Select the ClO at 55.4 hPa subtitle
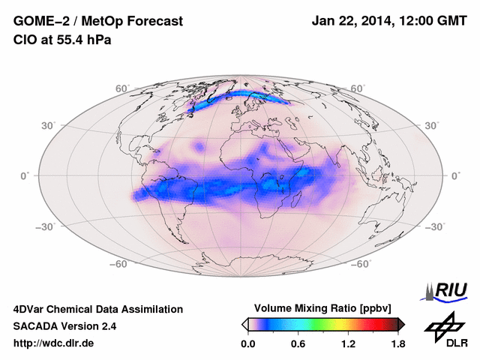pyautogui.click(x=62, y=40)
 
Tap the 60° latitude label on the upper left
pyautogui.click(x=121, y=89)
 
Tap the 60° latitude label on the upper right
pyautogui.click(x=358, y=89)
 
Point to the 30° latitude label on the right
pyautogui.click(x=432, y=126)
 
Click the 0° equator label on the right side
pyautogui.click(x=454, y=175)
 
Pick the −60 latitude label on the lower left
pyautogui.click(x=118, y=264)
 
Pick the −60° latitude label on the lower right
pyautogui.click(x=361, y=264)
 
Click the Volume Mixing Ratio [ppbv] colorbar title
pyautogui.click(x=323, y=308)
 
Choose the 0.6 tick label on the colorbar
pyautogui.click(x=298, y=344)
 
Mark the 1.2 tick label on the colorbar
pyautogui.click(x=348, y=344)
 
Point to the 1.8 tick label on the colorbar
pyautogui.click(x=397, y=344)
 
